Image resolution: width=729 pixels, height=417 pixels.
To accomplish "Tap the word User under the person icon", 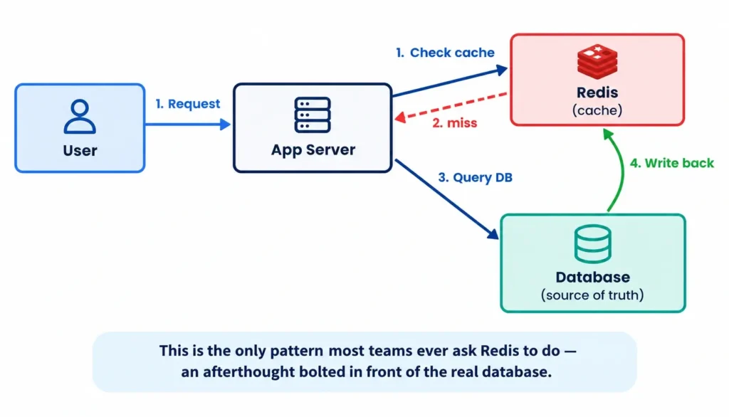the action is (x=80, y=151).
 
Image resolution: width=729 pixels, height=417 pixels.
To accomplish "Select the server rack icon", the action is (x=313, y=115).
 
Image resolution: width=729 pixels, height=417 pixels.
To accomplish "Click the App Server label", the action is (x=313, y=150).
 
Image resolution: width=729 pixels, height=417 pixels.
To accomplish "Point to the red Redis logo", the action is (x=597, y=62).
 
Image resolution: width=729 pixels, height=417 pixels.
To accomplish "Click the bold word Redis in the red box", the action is (x=597, y=93).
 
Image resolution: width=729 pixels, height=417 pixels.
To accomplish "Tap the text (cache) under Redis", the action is (x=597, y=110).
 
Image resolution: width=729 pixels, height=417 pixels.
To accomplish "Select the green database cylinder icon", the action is (x=593, y=244).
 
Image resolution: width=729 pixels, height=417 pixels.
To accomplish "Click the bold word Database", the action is (x=593, y=277).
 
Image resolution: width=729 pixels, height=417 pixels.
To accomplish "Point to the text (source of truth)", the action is (x=592, y=295).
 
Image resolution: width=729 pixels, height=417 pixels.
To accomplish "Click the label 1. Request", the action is (x=188, y=104).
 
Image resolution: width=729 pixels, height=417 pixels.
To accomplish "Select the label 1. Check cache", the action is (x=445, y=53).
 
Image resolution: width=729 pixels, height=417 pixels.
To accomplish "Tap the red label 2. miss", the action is (x=455, y=123).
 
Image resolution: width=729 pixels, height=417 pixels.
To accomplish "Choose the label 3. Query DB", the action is (x=475, y=178).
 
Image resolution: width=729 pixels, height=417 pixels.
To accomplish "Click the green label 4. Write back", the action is (x=672, y=163).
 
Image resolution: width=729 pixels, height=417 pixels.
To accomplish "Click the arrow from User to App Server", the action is (x=188, y=124).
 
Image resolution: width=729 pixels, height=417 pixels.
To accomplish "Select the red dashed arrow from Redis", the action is (x=451, y=107).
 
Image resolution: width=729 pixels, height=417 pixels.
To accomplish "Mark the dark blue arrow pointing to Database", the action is (x=447, y=199).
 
